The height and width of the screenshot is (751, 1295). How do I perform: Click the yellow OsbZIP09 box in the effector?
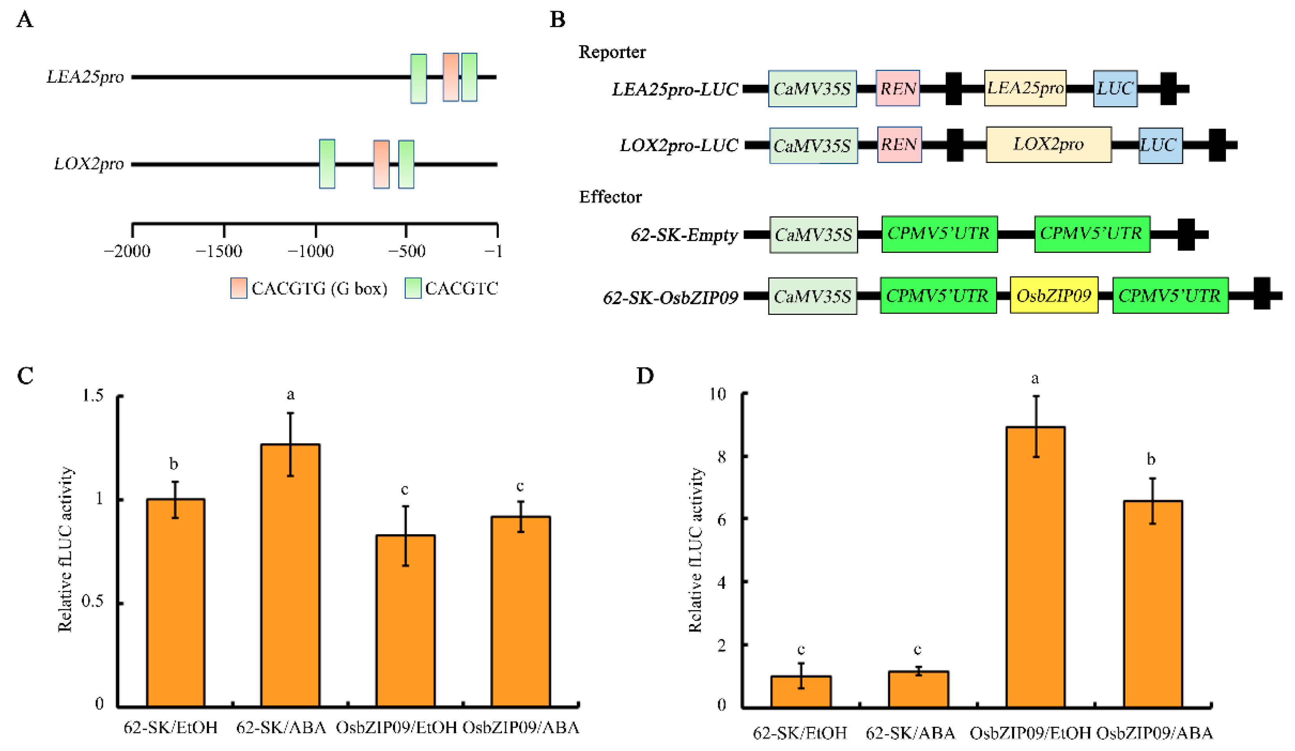click(x=1053, y=295)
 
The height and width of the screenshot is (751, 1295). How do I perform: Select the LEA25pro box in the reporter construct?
click(x=1025, y=88)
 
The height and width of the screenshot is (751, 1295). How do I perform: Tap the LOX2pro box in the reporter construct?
click(x=1048, y=144)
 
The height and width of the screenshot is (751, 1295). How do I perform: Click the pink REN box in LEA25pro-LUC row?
click(x=897, y=88)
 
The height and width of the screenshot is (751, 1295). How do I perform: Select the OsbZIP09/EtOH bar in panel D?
click(x=1035, y=566)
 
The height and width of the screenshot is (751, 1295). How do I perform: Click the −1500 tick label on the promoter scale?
click(x=219, y=252)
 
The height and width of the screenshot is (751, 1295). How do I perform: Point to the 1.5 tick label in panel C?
click(x=93, y=396)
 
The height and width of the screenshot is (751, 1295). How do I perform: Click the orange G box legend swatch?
click(x=238, y=288)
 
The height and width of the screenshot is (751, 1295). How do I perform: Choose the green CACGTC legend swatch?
click(x=413, y=288)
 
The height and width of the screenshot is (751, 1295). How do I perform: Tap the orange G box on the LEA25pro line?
click(x=451, y=77)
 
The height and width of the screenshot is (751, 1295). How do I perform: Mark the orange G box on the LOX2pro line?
click(x=381, y=164)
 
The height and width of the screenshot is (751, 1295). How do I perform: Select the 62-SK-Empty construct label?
click(x=684, y=235)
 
